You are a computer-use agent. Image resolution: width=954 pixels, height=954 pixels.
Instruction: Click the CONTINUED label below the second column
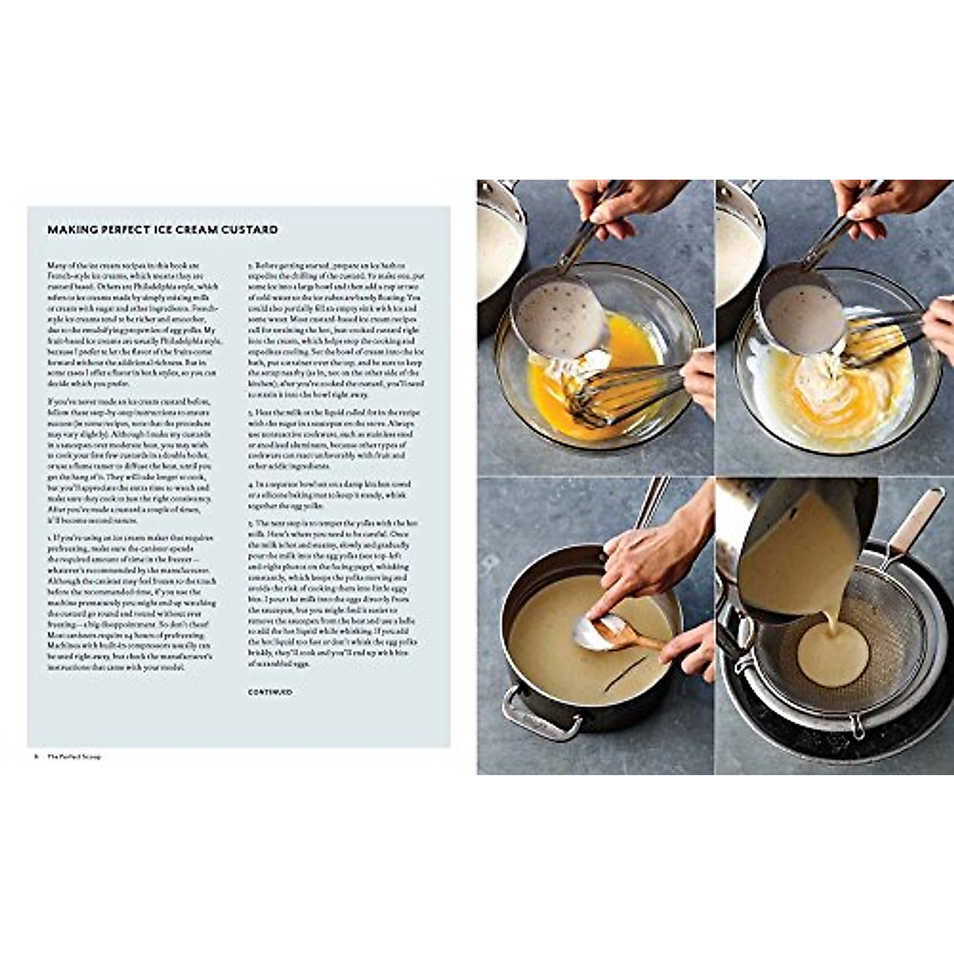click(x=270, y=692)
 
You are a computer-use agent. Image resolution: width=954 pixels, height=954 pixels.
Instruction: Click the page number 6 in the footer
click(x=37, y=756)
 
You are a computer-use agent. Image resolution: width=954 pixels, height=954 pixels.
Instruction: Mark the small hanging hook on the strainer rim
click(x=856, y=727)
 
